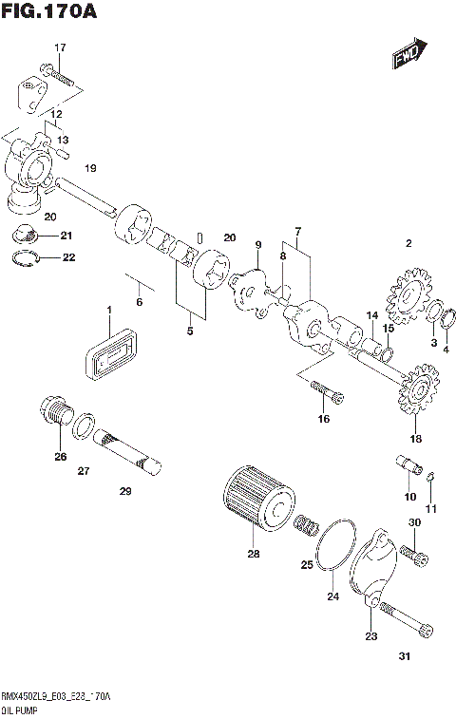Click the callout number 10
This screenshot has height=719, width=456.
410,497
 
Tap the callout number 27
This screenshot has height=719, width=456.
83,470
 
